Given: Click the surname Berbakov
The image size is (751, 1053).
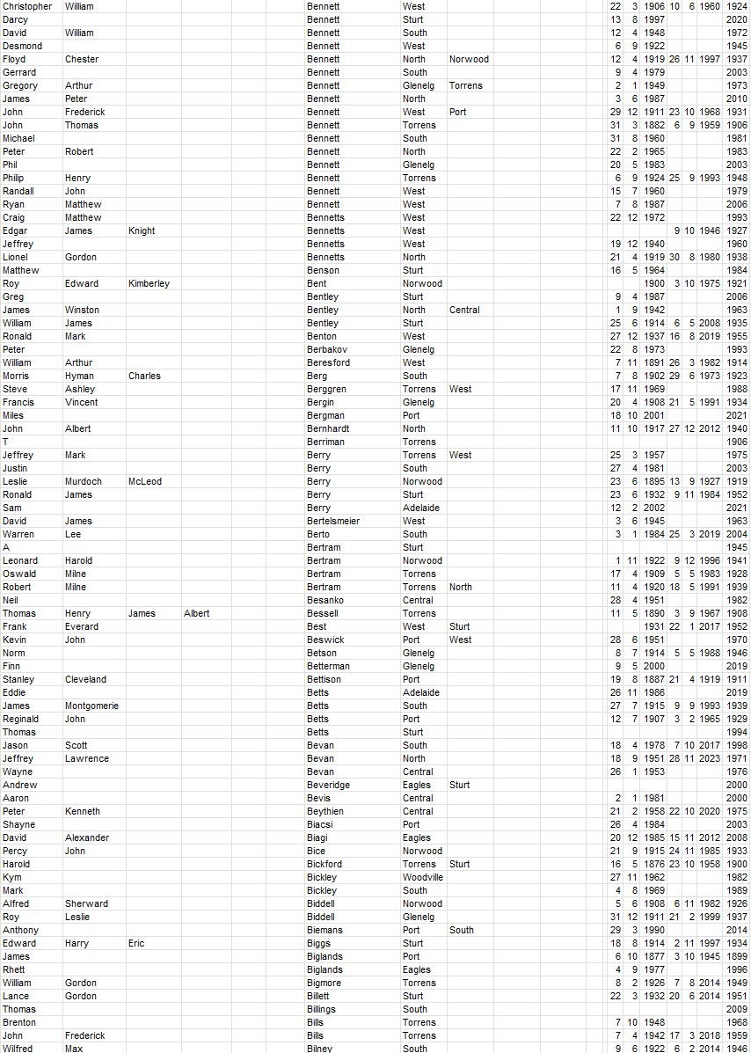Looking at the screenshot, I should [x=327, y=349].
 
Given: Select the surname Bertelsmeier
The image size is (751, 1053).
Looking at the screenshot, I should [x=333, y=521].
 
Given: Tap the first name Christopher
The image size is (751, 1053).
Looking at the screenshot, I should [x=27, y=6].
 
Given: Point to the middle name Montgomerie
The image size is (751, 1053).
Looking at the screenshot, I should [x=91, y=706].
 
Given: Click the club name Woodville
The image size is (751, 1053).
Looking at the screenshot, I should [x=423, y=877].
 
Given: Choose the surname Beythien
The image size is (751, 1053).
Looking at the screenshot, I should [x=325, y=811].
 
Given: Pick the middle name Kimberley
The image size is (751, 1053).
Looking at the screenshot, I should [x=149, y=283].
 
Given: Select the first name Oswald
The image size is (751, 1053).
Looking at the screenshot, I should [x=18, y=574].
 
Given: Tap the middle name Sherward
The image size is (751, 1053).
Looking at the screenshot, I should [x=86, y=903].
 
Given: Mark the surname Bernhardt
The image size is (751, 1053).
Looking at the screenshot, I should [x=328, y=428].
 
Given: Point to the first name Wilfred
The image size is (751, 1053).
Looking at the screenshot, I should [x=18, y=1049].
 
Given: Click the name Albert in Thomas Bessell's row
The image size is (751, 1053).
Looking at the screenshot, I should [x=197, y=613].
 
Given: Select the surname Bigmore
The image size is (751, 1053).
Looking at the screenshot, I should [x=324, y=983].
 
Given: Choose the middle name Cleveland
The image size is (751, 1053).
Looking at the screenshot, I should [x=85, y=679].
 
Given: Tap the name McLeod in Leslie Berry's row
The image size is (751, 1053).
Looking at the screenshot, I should [x=145, y=481].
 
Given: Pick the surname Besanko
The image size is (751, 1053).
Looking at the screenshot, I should [x=325, y=600].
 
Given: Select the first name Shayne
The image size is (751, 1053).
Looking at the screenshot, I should [x=18, y=824].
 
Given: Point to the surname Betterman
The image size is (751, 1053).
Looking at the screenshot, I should [x=328, y=666].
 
